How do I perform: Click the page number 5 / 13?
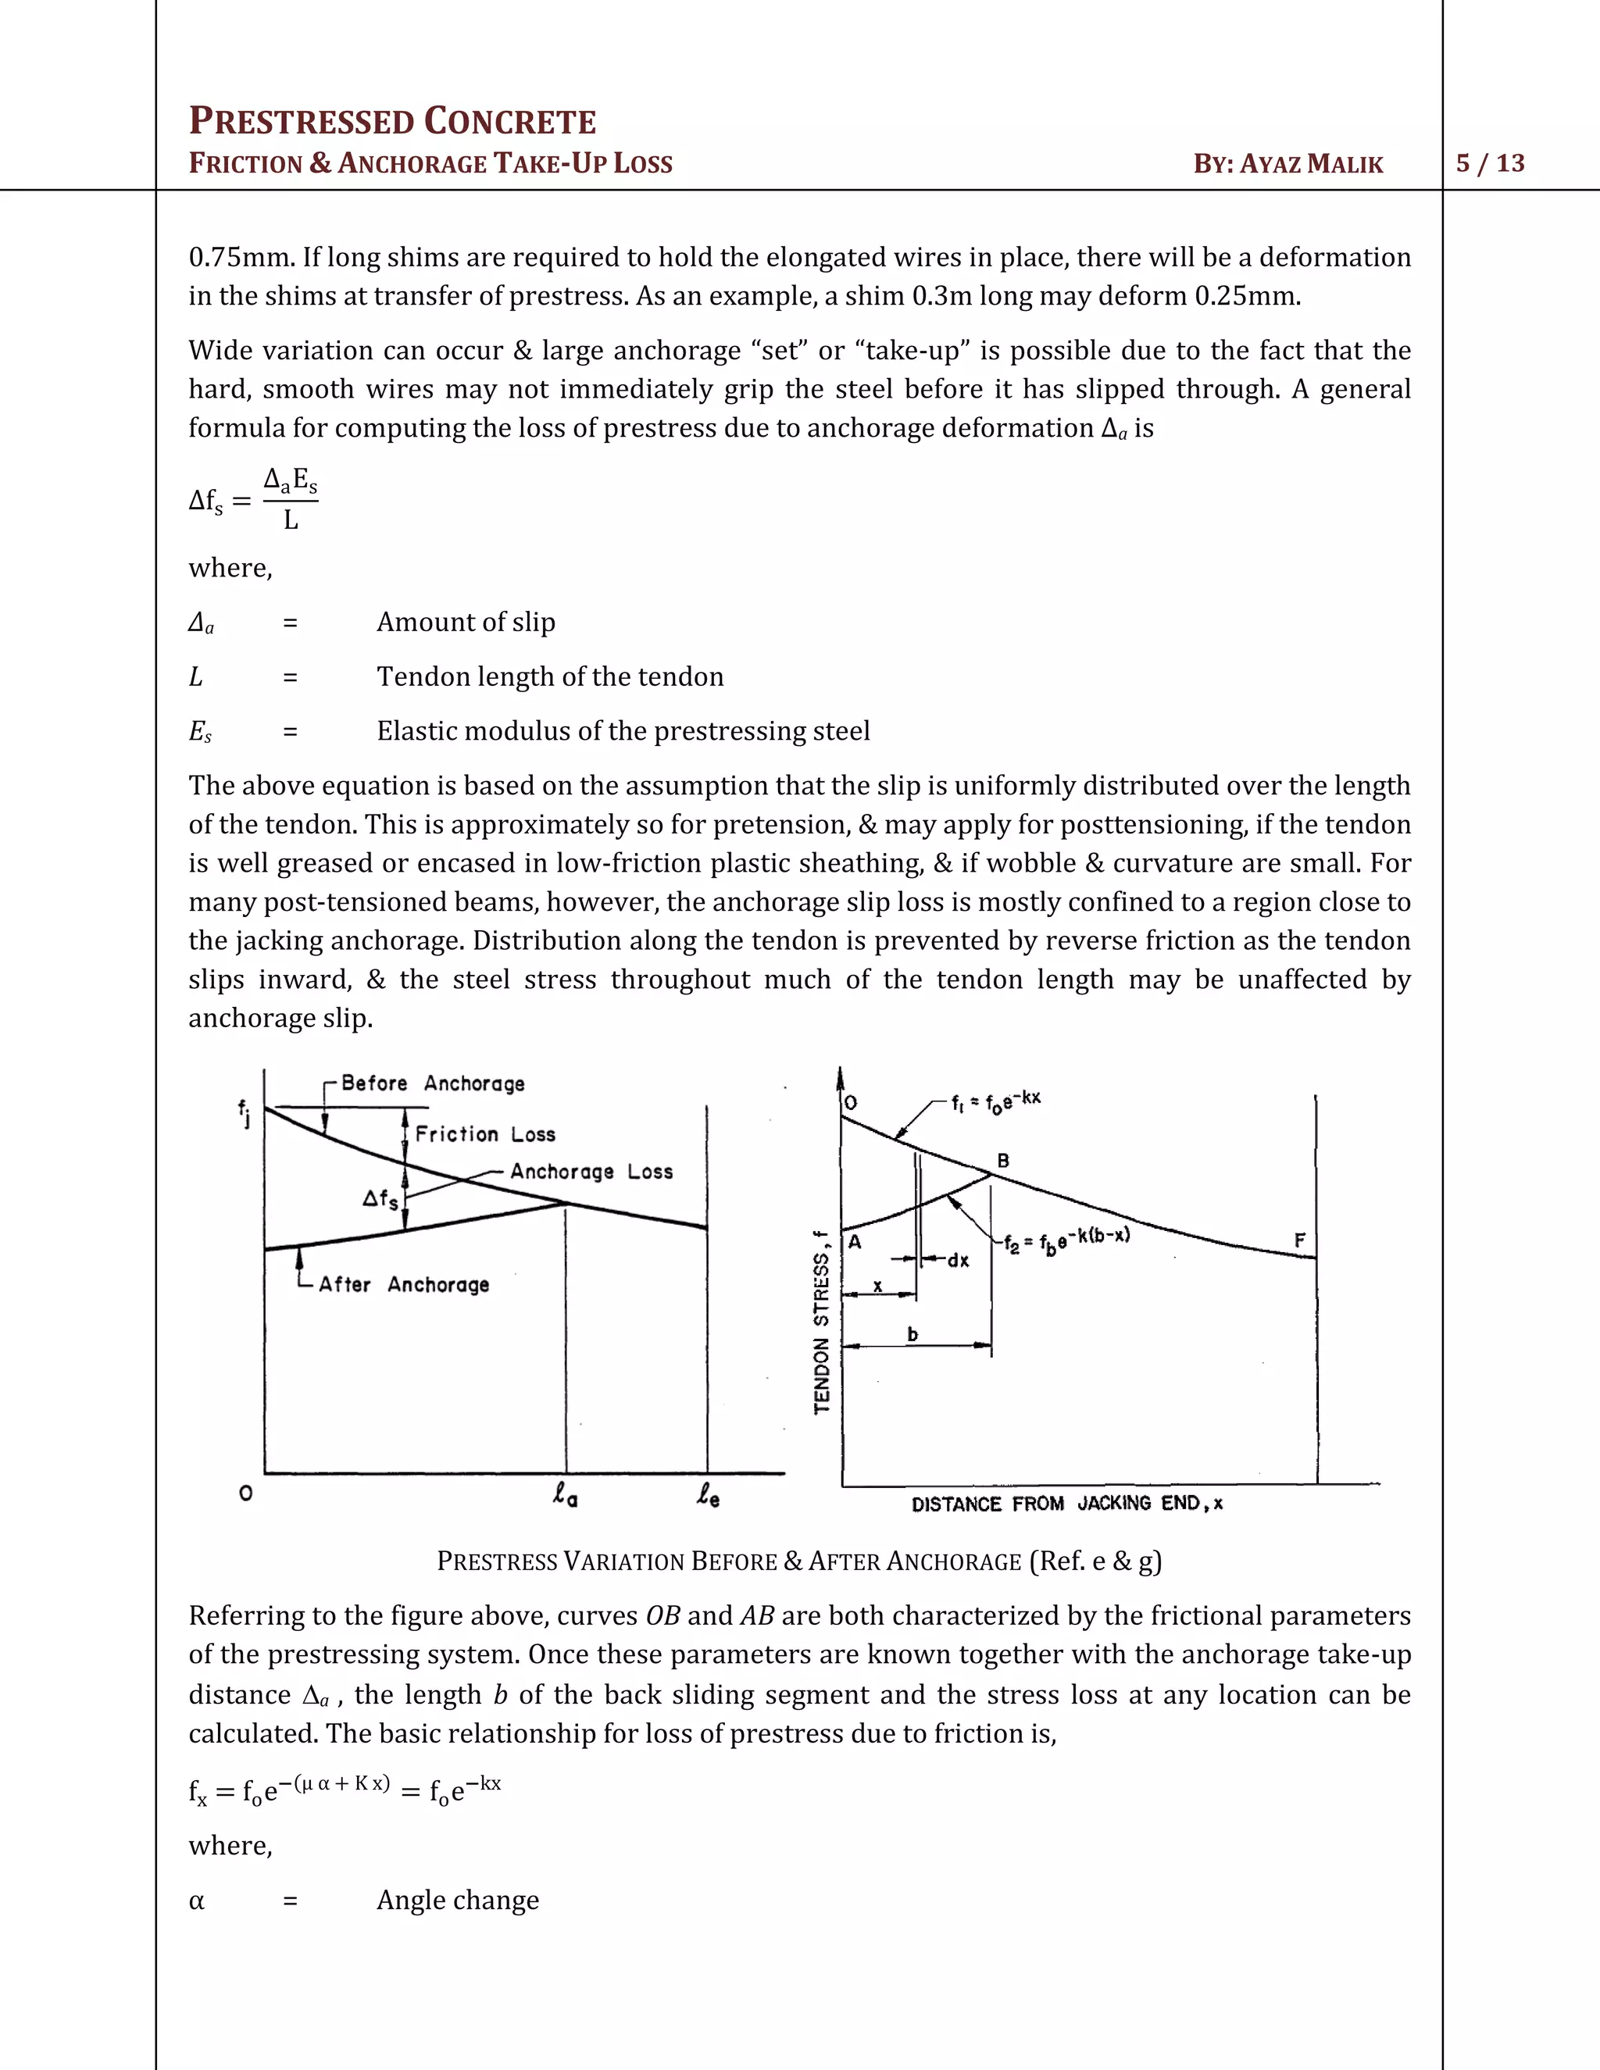(x=1490, y=163)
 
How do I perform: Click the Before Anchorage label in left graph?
(x=432, y=1083)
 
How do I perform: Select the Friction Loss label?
(x=484, y=1134)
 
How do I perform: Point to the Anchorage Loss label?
(x=591, y=1172)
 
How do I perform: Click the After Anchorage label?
(x=404, y=1284)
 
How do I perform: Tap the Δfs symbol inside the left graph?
(x=380, y=1199)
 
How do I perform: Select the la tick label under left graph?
(x=566, y=1497)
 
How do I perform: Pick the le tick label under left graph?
(x=708, y=1497)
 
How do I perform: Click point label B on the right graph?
(x=1003, y=1160)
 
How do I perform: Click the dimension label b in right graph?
(x=912, y=1333)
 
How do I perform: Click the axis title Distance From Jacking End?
(x=1066, y=1503)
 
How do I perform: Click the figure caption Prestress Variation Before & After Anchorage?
(x=798, y=1561)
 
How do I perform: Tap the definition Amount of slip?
(x=466, y=622)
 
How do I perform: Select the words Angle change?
(x=458, y=1900)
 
